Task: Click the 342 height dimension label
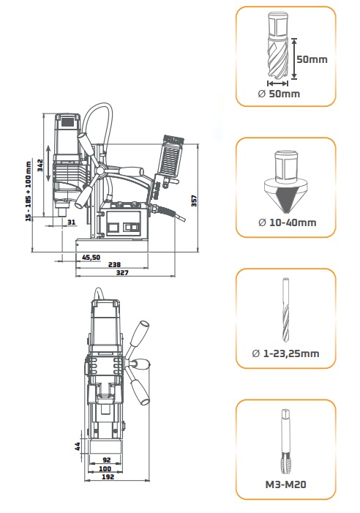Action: click(x=40, y=165)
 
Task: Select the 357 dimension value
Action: click(x=194, y=201)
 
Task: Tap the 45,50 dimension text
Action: click(x=91, y=257)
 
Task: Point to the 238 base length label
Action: click(x=114, y=264)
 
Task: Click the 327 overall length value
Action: click(x=122, y=272)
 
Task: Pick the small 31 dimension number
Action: click(x=71, y=222)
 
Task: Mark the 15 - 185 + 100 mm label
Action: click(x=29, y=191)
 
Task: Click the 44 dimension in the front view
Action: click(x=78, y=446)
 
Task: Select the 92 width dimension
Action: click(x=107, y=460)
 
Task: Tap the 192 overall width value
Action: click(x=108, y=476)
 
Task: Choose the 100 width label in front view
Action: click(x=105, y=468)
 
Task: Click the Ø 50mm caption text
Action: click(x=279, y=94)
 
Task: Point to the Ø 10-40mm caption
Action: click(x=287, y=222)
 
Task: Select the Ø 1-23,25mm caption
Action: click(x=285, y=353)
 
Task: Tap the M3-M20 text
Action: click(x=286, y=484)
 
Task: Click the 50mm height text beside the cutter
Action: click(x=312, y=59)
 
